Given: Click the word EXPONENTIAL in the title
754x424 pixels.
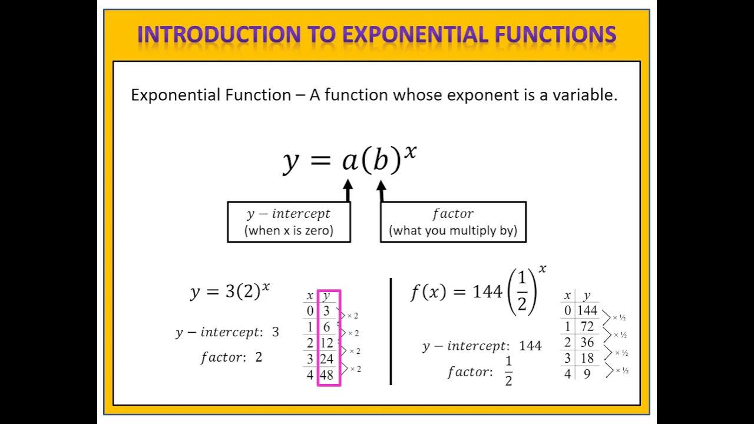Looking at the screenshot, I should pyautogui.click(x=415, y=34).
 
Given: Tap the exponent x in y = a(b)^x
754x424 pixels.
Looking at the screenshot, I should pyautogui.click(x=410, y=152).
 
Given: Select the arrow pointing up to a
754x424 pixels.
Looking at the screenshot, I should pyautogui.click(x=348, y=190).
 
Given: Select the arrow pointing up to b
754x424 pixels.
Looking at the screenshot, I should pyautogui.click(x=381, y=190).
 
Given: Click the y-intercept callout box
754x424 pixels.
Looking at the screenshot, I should pyautogui.click(x=289, y=222).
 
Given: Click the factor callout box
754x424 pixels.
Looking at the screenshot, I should pyautogui.click(x=452, y=222).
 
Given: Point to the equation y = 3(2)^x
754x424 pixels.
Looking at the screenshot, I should pyautogui.click(x=230, y=291).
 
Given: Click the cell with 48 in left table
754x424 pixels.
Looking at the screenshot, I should pyautogui.click(x=327, y=375).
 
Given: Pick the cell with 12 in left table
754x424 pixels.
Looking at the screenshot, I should pyautogui.click(x=327, y=343).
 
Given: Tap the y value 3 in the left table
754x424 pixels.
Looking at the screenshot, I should pyautogui.click(x=326, y=311).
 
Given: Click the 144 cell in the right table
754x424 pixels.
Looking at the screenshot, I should pyautogui.click(x=587, y=310).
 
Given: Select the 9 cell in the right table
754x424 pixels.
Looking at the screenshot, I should pyautogui.click(x=587, y=374).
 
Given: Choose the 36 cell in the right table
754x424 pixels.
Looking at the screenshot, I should pyautogui.click(x=587, y=342).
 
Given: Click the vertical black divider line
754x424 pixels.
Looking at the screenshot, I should pyautogui.click(x=391, y=331).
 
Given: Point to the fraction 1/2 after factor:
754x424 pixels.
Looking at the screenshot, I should pyautogui.click(x=508, y=371).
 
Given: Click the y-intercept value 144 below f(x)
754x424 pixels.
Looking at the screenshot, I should pyautogui.click(x=530, y=346).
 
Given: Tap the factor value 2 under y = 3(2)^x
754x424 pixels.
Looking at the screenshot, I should pyautogui.click(x=259, y=357).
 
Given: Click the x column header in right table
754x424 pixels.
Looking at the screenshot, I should pyautogui.click(x=567, y=296).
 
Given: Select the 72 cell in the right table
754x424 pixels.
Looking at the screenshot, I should pyautogui.click(x=587, y=326).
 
